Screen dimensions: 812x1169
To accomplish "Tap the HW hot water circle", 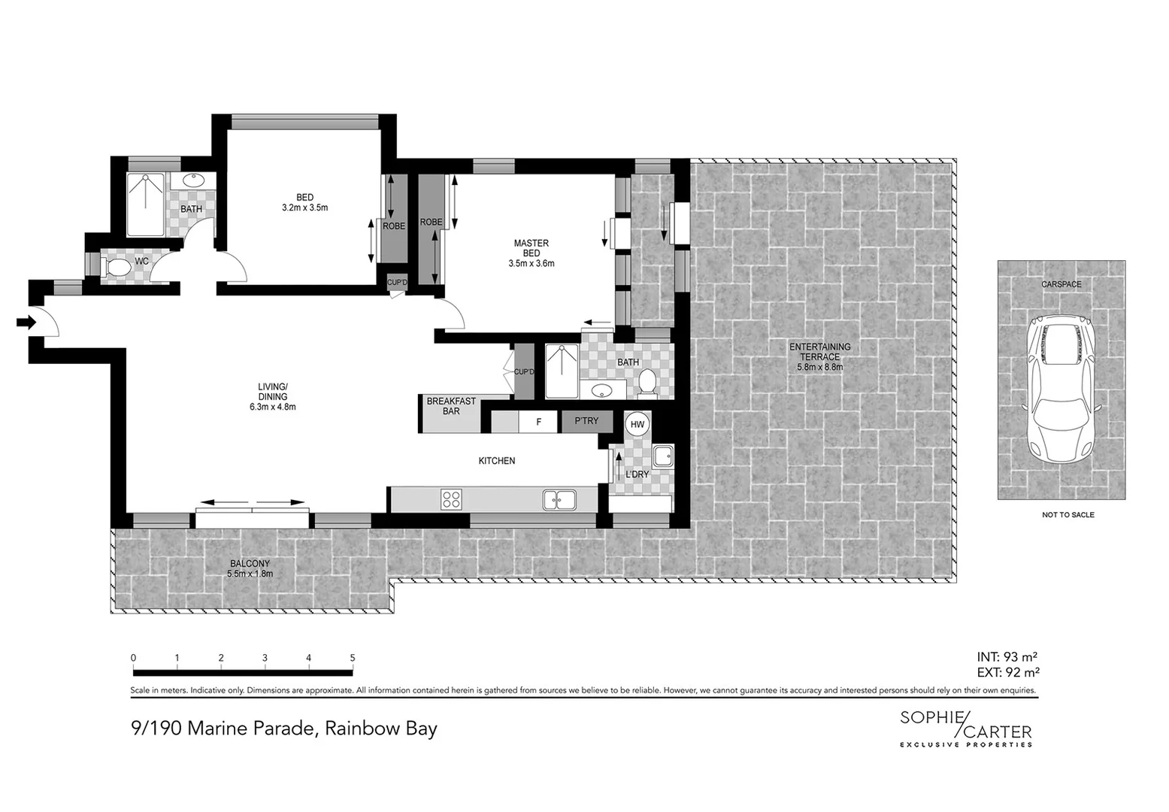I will coord(637,425).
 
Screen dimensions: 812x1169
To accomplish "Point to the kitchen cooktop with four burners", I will coord(451,499).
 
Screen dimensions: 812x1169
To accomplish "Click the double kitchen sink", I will coord(560,498).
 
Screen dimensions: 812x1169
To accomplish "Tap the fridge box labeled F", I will coord(538,422).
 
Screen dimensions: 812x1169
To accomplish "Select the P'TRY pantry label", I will coord(587,421).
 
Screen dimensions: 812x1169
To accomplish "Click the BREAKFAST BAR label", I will coord(451,406).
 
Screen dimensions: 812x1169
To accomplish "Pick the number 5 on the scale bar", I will coord(353,658).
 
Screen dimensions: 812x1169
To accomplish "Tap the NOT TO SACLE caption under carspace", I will coord(1068,515).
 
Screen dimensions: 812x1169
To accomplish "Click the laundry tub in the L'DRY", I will coord(662,456).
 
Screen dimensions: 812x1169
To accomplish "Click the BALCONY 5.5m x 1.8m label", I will coord(249,568).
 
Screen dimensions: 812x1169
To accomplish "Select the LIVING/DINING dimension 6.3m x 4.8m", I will coord(273,407).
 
